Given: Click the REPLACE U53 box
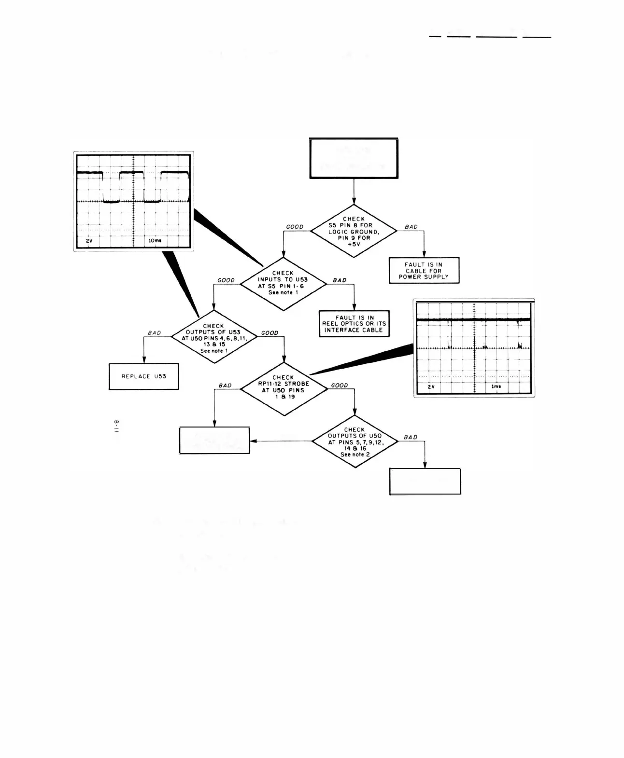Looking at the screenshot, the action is tap(143, 376).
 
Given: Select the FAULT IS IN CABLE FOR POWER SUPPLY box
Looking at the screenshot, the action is tap(424, 271).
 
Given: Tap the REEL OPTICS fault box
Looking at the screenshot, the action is tap(354, 324).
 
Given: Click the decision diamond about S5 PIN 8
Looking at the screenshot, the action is tap(354, 231).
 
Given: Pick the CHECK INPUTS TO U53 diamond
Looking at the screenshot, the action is tap(283, 283).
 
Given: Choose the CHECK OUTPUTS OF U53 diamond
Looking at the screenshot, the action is tap(214, 336).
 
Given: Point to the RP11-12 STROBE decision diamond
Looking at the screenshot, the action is tap(283, 388).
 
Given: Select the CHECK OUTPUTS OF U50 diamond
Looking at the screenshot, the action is tap(355, 441).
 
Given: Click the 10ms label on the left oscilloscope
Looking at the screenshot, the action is tap(155, 240).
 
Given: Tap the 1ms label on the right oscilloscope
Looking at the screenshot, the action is tap(496, 386).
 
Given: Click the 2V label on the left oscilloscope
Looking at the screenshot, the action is tap(89, 240).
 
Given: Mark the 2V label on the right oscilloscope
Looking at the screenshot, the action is tap(431, 386).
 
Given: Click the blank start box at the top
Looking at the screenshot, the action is tap(354, 159).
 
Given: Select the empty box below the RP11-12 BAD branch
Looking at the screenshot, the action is tap(214, 440).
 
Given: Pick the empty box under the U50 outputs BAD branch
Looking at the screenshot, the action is tap(425, 481).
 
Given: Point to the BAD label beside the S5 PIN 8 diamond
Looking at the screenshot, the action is tap(411, 227).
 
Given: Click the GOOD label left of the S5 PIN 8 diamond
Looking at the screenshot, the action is tap(295, 227).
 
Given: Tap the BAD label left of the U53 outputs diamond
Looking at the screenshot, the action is tap(155, 333).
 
